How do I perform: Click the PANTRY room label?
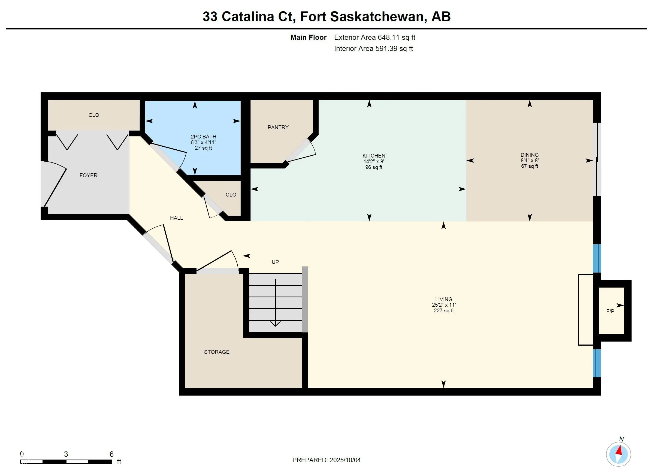coord(278,128)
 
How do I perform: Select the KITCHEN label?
coord(374,156)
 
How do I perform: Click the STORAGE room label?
coord(216,352)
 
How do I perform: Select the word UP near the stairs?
coord(275,262)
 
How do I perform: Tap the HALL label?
coord(176,218)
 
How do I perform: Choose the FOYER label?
coord(88,176)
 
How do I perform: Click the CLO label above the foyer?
coord(93,115)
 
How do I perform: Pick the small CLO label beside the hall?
coord(231,195)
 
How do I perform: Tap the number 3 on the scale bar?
coord(66,454)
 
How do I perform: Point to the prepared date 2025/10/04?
coord(345,460)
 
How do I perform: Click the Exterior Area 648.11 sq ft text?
coord(374,38)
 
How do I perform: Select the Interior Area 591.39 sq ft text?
coord(373,49)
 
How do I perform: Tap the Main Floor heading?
coord(308,38)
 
